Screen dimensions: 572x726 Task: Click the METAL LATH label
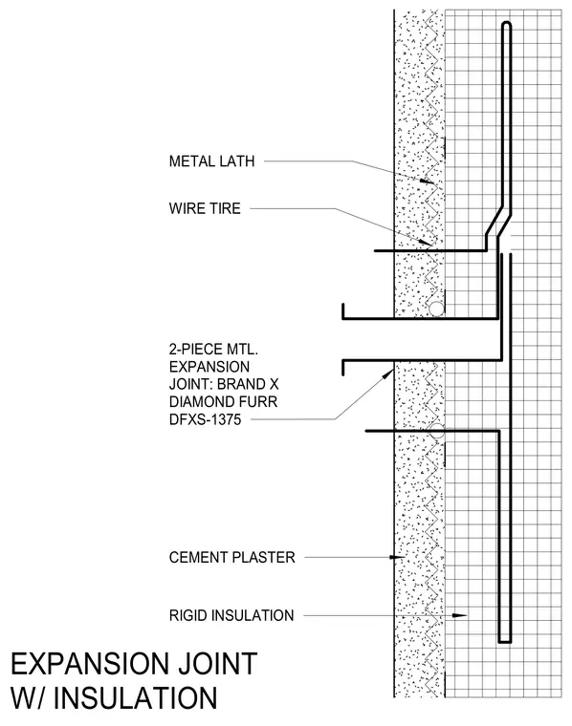[x=211, y=161]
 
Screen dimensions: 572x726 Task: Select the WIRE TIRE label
[x=205, y=208]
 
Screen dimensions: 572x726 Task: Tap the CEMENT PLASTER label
[x=231, y=557]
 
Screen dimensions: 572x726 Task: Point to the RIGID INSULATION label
[x=231, y=615]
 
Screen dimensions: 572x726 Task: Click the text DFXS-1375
[x=206, y=419]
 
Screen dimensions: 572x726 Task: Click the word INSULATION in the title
[x=135, y=697]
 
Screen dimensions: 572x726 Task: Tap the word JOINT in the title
[x=216, y=664]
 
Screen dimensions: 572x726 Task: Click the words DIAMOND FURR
[x=224, y=401]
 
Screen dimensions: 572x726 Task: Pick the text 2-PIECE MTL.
[x=213, y=349]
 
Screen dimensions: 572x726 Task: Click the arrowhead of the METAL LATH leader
[x=429, y=181]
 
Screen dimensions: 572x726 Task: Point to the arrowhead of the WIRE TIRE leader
[x=428, y=242]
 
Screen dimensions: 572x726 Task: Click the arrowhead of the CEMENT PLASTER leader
[x=397, y=557]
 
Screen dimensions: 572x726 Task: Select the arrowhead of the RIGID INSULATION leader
[x=459, y=615]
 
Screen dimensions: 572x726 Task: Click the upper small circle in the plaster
[x=436, y=309]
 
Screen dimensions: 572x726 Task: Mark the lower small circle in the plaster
[x=436, y=431]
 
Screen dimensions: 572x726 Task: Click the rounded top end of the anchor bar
[x=507, y=24]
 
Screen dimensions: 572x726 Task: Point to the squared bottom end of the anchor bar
[x=505, y=641]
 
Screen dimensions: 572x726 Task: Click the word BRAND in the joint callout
[x=236, y=384]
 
